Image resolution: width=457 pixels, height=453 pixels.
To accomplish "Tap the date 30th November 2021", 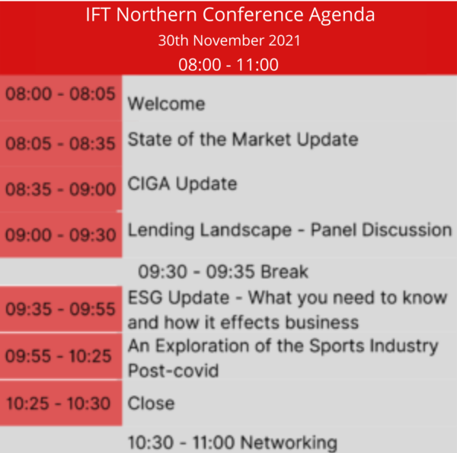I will coord(228,40).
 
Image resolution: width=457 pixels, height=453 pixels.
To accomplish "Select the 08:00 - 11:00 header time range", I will coord(228,64).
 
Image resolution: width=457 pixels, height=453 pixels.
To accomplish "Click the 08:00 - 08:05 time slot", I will coord(60,94).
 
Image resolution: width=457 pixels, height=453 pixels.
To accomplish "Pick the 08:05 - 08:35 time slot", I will coord(60,143).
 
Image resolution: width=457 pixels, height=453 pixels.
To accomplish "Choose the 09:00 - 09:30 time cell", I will coord(60,235).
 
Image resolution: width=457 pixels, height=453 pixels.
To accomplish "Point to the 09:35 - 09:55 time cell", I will coord(60,309).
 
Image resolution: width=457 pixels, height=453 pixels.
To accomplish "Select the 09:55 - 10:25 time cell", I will coord(60,356).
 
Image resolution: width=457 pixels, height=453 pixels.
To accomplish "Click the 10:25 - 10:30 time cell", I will coord(60,404).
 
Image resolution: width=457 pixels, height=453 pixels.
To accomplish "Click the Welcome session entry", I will coord(166,103).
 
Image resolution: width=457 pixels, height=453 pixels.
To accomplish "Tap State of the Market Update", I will coord(242,139).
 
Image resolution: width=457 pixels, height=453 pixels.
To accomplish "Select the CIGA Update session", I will coord(182,183).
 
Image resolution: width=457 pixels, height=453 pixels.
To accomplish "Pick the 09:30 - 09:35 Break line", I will coord(223,271).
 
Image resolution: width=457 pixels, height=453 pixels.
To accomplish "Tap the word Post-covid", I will coord(173,371).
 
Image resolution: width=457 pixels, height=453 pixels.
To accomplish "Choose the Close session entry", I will coord(151,403).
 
